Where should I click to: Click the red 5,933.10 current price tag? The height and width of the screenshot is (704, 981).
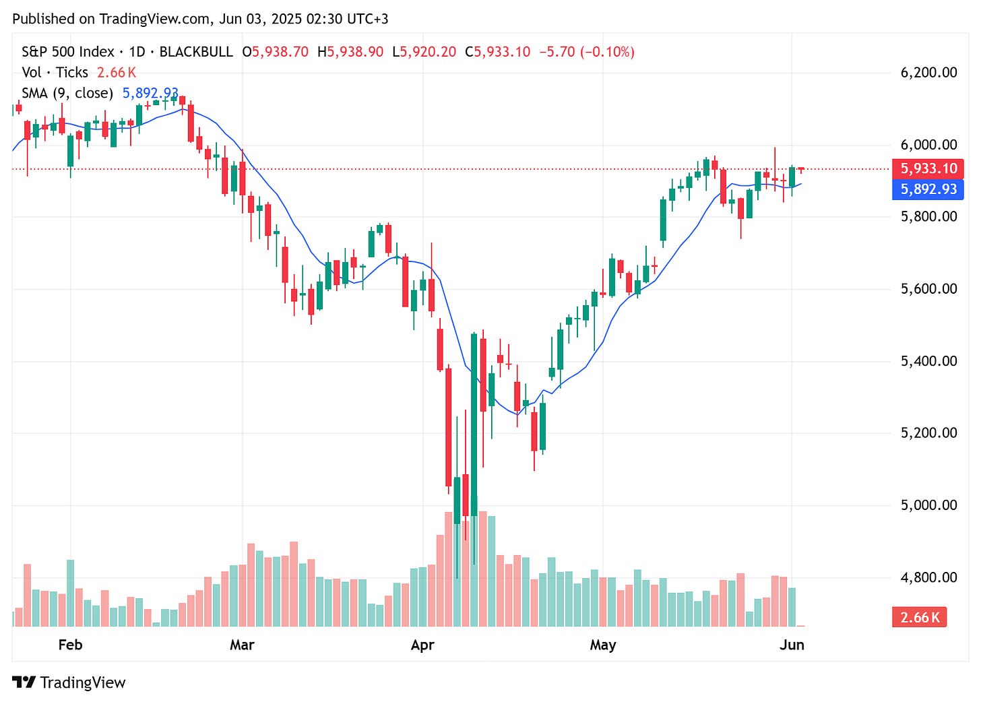928,168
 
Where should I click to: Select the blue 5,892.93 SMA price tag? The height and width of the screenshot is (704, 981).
928,189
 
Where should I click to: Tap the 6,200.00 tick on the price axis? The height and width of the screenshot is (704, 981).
928,73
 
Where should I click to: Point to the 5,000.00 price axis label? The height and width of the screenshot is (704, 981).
928,505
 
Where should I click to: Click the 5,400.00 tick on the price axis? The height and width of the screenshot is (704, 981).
928,361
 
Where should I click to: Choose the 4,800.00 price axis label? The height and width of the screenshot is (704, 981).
928,577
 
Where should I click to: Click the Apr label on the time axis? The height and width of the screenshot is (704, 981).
422,645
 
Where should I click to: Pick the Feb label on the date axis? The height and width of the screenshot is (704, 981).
70,645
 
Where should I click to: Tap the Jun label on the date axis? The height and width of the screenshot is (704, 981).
792,645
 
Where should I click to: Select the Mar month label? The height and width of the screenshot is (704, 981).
242,645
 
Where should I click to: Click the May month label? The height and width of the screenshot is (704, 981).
602,645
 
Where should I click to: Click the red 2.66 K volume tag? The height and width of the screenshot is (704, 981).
919,617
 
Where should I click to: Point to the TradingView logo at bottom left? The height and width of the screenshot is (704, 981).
69,682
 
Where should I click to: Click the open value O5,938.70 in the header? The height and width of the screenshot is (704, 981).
275,52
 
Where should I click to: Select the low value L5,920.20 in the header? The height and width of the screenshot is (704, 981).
424,52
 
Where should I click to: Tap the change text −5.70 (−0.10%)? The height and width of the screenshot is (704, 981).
586,52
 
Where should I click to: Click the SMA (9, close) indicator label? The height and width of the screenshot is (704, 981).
67,93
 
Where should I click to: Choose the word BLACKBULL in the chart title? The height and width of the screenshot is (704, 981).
196,52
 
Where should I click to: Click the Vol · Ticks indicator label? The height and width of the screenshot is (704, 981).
55,73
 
